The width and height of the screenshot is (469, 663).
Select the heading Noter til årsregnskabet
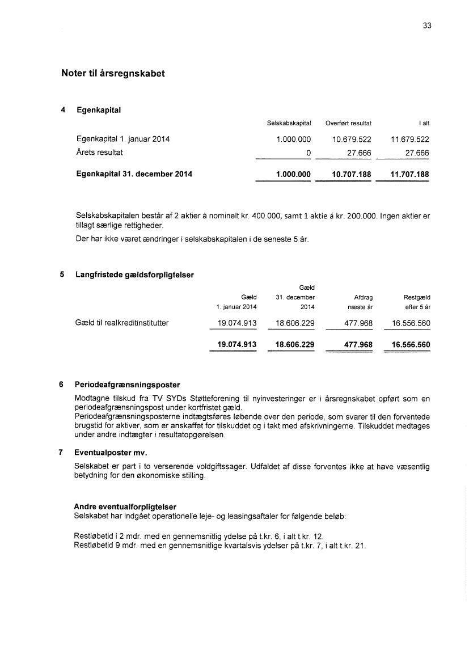(113, 74)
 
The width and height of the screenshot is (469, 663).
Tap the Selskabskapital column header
(289, 123)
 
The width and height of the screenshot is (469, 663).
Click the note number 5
(62, 275)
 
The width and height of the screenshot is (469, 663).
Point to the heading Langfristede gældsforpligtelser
(134, 275)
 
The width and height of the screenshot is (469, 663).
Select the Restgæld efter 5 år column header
(416, 301)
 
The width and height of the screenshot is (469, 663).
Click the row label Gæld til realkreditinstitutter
(122, 323)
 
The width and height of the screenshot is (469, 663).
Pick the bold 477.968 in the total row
(358, 344)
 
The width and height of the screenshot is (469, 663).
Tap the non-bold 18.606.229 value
(294, 323)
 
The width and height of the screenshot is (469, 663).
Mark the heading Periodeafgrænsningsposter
(127, 385)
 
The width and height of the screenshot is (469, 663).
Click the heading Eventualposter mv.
(111, 453)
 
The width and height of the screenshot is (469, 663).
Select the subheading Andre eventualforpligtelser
(125, 506)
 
